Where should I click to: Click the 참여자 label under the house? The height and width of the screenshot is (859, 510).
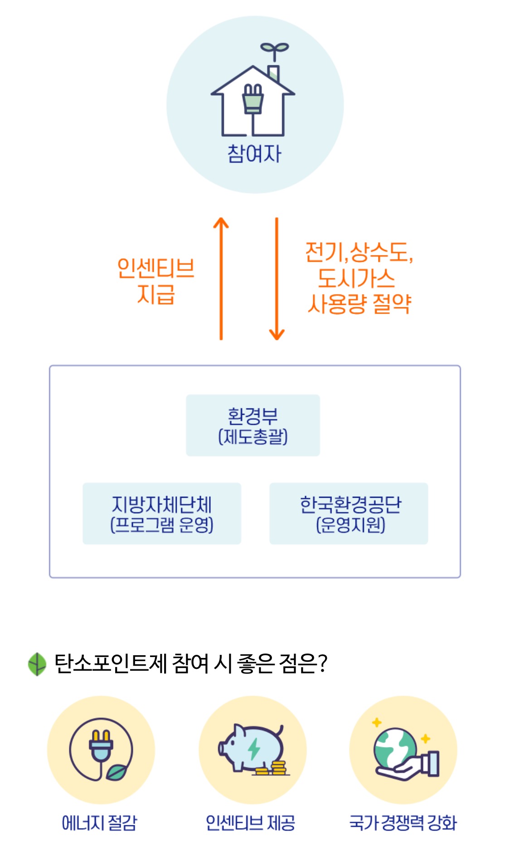[254, 153]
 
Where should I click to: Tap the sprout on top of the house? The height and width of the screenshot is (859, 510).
[274, 49]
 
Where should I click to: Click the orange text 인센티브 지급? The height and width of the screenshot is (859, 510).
[155, 281]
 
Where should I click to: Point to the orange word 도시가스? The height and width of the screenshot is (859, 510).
[356, 278]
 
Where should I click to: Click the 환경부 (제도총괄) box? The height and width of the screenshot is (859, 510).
[253, 425]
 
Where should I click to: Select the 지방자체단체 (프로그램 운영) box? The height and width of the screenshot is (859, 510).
[162, 513]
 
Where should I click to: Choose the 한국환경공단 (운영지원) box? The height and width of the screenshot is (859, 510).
[349, 513]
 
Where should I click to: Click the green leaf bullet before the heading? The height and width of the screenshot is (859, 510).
[37, 664]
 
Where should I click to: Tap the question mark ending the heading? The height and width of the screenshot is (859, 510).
[322, 663]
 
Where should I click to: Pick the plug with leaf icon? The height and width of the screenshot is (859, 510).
[101, 749]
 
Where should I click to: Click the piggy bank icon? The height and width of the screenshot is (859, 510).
[253, 749]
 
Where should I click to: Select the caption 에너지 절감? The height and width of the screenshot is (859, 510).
[99, 822]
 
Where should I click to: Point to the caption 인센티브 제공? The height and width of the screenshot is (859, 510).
[250, 822]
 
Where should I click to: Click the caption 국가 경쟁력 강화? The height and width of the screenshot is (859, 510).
[403, 822]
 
